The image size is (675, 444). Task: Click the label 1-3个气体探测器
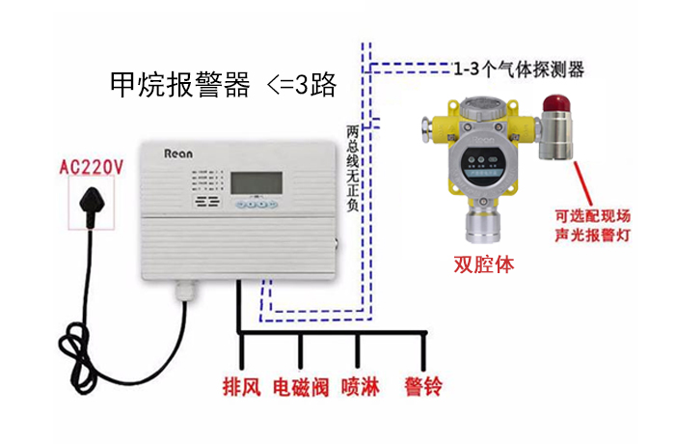click(519, 69)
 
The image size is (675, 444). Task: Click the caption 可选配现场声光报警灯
click(593, 225)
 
